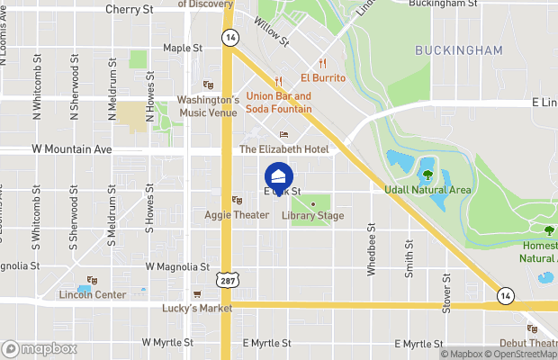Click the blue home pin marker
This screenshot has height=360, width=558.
pyautogui.click(x=279, y=175)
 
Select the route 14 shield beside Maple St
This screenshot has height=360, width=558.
pyautogui.click(x=232, y=37)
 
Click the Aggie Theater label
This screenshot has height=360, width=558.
pyautogui.click(x=238, y=215)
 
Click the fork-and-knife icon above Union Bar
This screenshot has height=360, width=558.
pyautogui.click(x=279, y=80)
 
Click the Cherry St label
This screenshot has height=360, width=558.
pyautogui.click(x=130, y=9)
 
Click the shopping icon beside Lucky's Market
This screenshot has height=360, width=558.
pyautogui.click(x=197, y=294)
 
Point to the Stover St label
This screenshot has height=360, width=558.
pyautogui.click(x=446, y=289)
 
